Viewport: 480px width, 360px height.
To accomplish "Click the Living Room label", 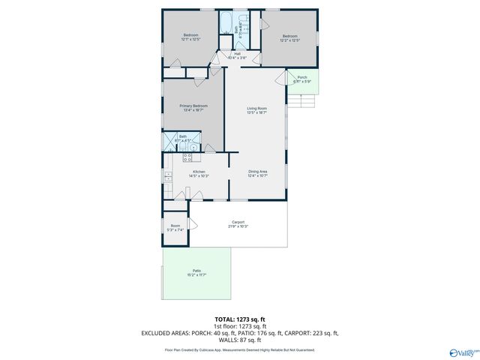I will pos(257,110).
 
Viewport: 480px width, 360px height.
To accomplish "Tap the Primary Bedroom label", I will pos(193,108).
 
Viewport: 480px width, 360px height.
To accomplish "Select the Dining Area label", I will pos(258,173).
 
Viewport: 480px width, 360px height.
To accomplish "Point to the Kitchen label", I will pos(199,173).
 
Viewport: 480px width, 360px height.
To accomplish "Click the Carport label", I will pos(238,223).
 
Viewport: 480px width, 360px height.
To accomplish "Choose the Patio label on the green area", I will pos(196,272).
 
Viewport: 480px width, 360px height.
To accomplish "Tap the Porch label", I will pos(301,79).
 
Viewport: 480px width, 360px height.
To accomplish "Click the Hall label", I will pos(237,55).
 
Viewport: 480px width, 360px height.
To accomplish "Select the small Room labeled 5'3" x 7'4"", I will pos(175,228).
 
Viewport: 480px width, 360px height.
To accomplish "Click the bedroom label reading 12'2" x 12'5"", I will pos(291,37).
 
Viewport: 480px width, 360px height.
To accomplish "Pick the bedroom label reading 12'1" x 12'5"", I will pos(192,37).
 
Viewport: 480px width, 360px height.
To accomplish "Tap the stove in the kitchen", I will pos(187,157).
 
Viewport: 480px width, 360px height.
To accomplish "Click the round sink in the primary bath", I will pos(193,148).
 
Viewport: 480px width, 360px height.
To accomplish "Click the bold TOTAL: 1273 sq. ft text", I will pos(240,319).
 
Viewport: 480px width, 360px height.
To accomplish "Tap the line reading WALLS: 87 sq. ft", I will pos(240,341).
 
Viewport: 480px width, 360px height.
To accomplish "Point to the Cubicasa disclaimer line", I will pos(240,349).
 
